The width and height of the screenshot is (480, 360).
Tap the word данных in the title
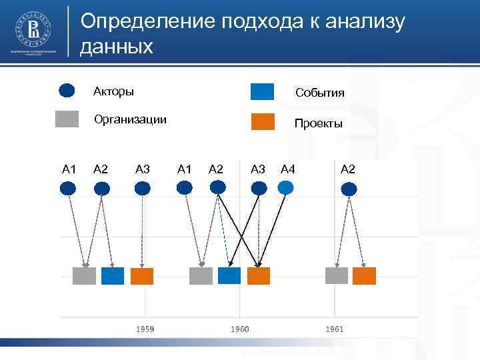117,47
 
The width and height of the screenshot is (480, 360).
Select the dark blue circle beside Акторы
68,91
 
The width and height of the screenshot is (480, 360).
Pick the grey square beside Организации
67,119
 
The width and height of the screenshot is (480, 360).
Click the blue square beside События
262,91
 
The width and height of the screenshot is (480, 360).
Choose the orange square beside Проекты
262,122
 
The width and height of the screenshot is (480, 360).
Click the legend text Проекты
319,123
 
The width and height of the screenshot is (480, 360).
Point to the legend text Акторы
113,91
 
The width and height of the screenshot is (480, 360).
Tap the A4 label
288,169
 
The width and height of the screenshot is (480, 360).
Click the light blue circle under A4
285,188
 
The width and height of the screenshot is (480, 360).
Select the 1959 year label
146,329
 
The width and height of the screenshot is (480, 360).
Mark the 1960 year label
240,329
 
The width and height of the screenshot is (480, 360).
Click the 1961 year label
335,329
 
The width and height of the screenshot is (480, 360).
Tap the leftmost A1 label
69,169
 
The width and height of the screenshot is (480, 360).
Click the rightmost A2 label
348,169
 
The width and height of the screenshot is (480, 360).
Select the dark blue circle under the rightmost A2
348,189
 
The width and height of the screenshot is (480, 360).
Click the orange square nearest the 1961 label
364,275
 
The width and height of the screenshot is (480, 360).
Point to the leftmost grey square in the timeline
85,275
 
